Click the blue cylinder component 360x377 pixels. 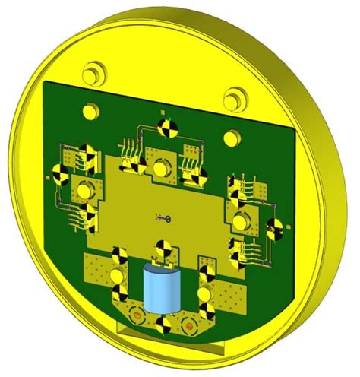coord(161,289)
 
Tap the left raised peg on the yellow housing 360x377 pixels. coord(93,74)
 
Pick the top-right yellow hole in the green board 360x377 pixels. coord(229,138)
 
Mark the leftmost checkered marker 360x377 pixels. coord(58,176)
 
